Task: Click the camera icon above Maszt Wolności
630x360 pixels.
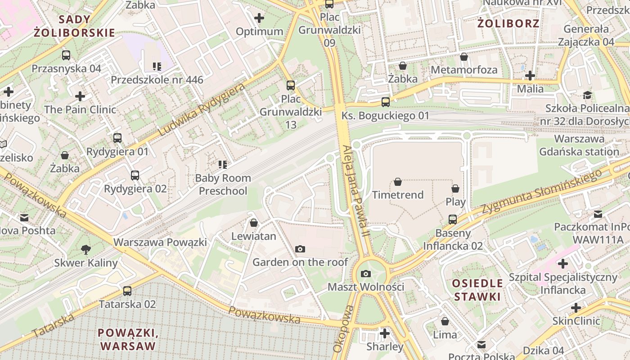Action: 366,274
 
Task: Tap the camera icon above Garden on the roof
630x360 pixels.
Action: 300,249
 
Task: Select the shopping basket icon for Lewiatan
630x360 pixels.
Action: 254,223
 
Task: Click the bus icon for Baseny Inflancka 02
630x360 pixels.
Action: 453,220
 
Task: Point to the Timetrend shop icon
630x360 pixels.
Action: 398,182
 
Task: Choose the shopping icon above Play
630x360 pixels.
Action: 455,189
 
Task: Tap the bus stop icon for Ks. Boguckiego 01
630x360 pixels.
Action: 386,102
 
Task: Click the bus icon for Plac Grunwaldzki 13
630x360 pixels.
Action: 291,85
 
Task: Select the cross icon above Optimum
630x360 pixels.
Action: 259,18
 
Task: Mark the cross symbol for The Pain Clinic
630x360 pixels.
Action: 80,96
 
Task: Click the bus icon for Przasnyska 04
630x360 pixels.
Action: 66,55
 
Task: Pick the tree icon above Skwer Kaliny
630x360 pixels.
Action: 85,249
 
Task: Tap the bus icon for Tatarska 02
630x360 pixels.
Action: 127,291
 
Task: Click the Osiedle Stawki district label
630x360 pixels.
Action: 477,290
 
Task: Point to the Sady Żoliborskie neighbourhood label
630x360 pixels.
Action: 74,26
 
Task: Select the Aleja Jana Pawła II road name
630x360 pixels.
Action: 355,191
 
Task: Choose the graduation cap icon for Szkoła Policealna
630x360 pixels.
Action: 587,95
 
